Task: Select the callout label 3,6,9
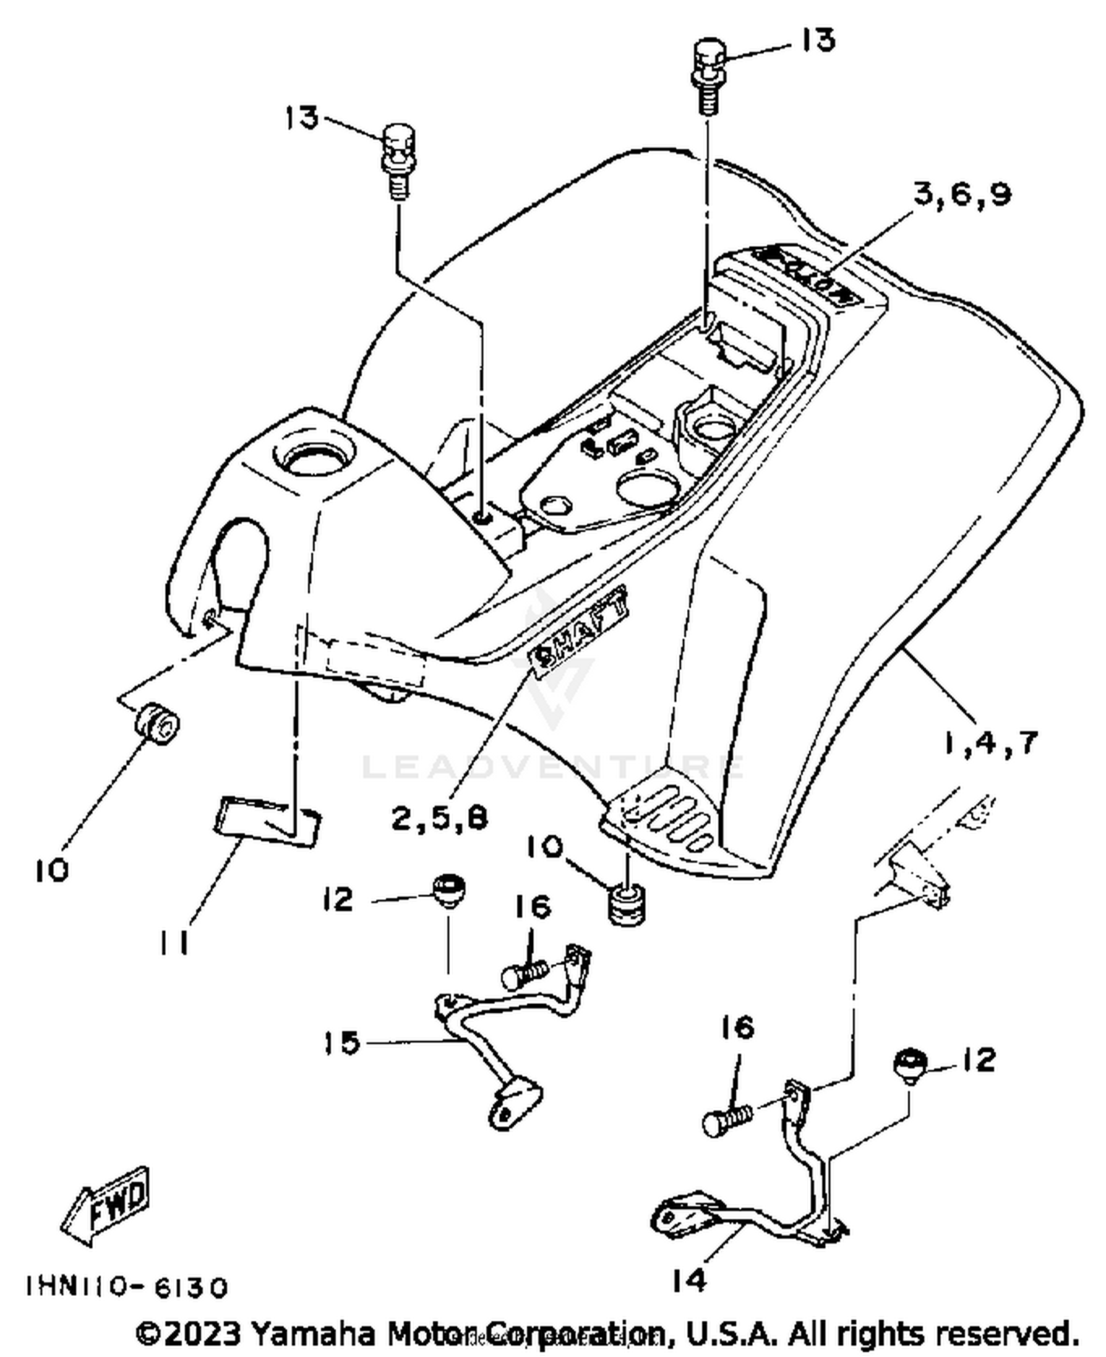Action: pos(962,195)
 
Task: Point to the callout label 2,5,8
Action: pos(440,818)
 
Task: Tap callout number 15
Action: pos(341,1043)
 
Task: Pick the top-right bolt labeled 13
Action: pos(708,74)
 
